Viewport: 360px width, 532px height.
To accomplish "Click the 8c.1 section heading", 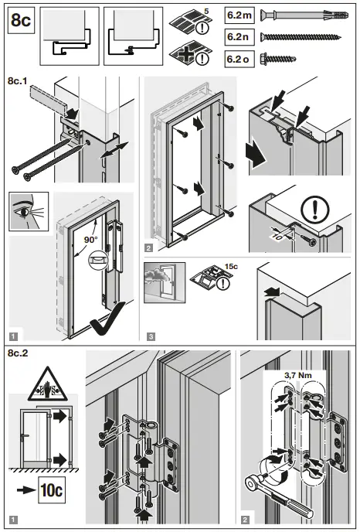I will click(x=19, y=78).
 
